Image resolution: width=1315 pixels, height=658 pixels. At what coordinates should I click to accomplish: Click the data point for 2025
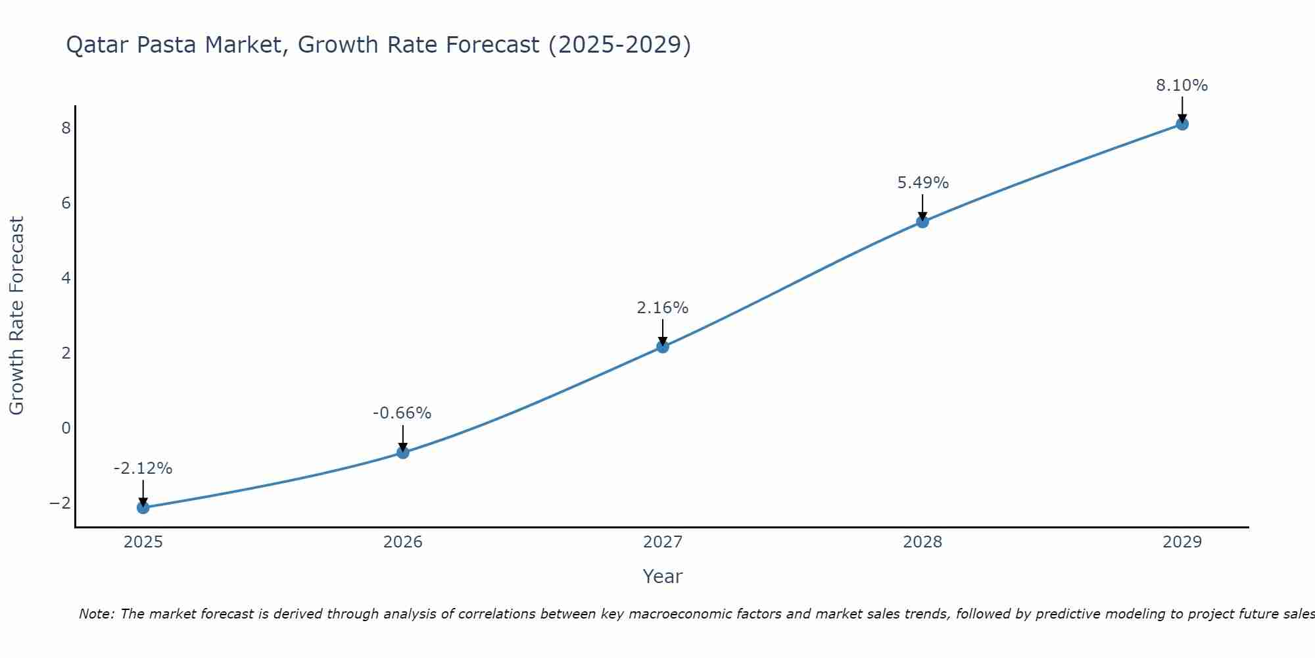(143, 507)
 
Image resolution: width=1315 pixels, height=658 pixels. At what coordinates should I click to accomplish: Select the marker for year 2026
(402, 452)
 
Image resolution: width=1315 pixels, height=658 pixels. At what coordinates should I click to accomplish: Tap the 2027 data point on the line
(662, 346)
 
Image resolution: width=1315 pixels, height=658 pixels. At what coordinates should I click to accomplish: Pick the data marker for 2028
(922, 222)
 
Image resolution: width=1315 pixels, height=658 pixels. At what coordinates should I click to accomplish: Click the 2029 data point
(1182, 124)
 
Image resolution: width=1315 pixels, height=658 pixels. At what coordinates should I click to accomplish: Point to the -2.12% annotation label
(143, 468)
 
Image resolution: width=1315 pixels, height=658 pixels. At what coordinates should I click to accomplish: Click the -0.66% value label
(402, 413)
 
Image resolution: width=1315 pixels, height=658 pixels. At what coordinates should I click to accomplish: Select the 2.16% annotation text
(662, 307)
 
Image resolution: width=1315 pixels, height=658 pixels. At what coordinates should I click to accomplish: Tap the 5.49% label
(922, 183)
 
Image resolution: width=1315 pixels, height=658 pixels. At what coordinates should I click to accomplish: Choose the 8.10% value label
(1182, 86)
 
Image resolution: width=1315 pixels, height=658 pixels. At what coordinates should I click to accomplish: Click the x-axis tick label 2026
(402, 542)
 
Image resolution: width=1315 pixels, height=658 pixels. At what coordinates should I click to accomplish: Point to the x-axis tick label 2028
(922, 542)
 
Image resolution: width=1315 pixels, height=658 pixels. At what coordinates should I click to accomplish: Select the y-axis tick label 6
(66, 203)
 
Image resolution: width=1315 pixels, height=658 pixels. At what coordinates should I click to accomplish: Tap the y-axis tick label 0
(66, 428)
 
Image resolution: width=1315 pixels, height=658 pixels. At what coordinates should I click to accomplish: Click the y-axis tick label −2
(60, 503)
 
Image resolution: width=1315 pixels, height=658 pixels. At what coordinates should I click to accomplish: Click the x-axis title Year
(662, 576)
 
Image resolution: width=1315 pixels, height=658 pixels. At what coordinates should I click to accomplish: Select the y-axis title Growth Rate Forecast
(16, 316)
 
